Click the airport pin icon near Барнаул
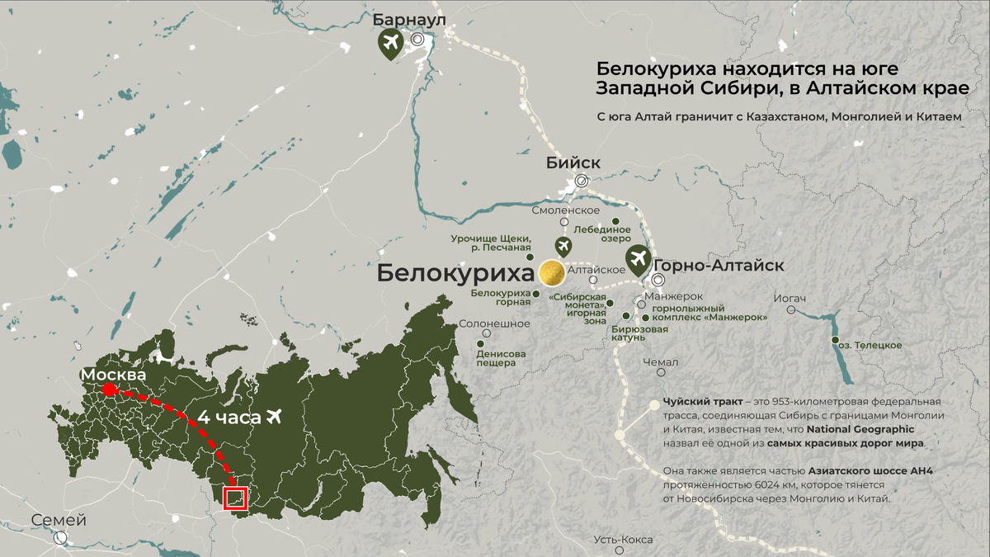tap(390, 42)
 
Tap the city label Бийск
tap(573, 163)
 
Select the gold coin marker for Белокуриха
tap(551, 273)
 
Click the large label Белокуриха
tap(455, 274)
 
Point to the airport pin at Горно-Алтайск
tap(638, 260)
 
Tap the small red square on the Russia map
tap(236, 498)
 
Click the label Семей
tap(59, 521)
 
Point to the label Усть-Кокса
tap(623, 540)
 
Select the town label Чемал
tap(661, 362)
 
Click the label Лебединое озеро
tap(608, 234)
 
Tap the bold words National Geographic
tap(860, 430)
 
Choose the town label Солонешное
tap(494, 323)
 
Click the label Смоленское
tap(565, 210)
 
